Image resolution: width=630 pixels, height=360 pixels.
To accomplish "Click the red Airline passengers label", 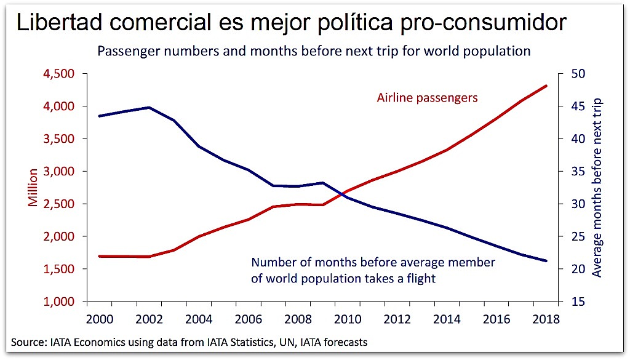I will pyautogui.click(x=427, y=98).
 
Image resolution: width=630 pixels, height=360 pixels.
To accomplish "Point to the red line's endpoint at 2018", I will pyautogui.click(x=546, y=86).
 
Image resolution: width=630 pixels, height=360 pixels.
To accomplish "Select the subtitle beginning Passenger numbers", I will pyautogui.click(x=314, y=51).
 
